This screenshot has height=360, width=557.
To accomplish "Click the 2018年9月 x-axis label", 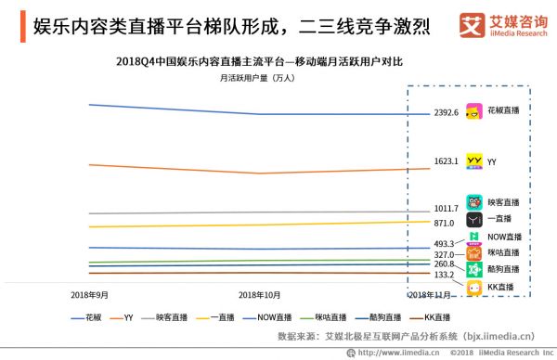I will (90, 294).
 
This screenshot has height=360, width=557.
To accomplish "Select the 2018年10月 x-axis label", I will (260, 294).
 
